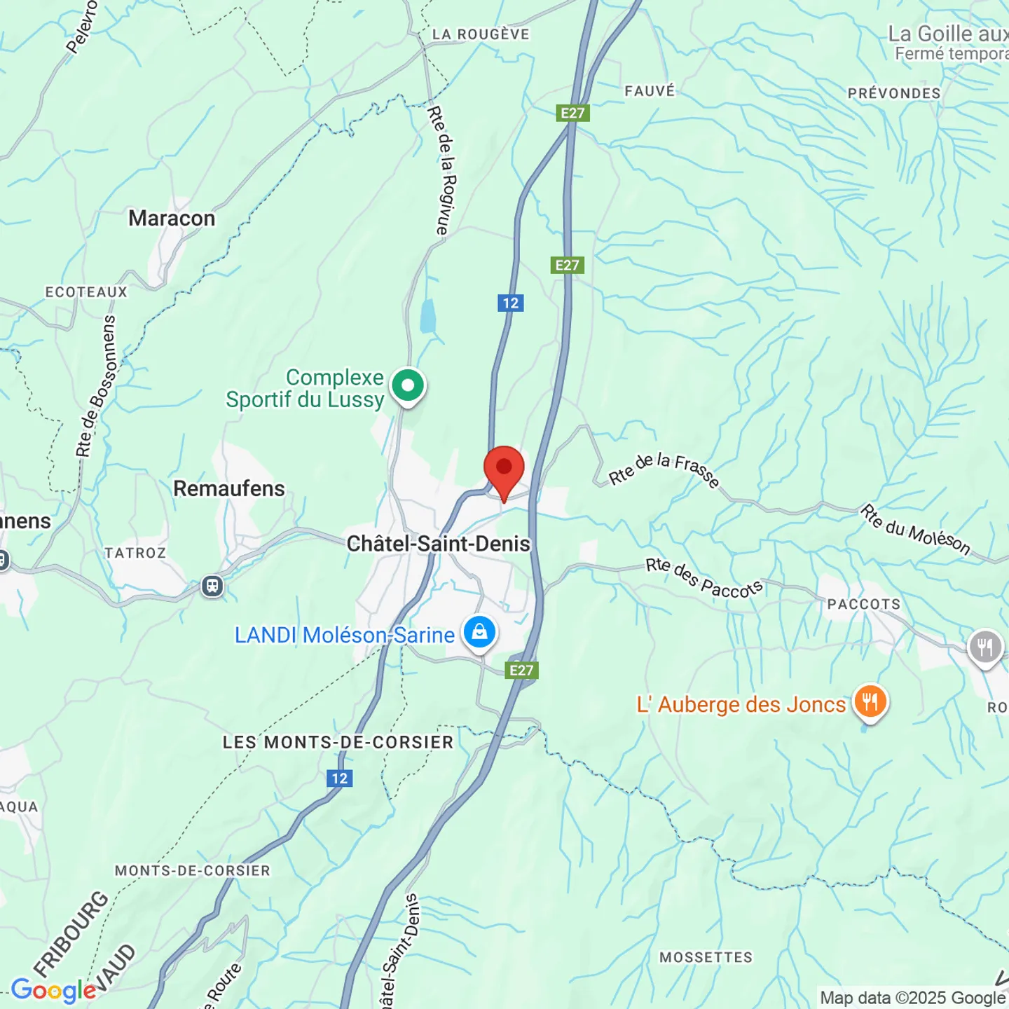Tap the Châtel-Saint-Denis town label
[439, 544]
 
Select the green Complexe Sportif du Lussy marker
[408, 386]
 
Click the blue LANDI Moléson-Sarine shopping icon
[479, 633]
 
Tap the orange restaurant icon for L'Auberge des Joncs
[870, 701]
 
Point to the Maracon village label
[172, 219]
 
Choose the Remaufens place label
[229, 488]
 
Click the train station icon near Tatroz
[212, 586]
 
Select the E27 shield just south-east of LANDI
[521, 671]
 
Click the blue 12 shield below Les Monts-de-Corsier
[340, 778]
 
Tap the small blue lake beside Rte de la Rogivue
[427, 316]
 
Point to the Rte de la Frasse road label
[664, 469]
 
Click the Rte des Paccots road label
[703, 578]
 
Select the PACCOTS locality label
[864, 604]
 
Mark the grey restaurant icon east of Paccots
[985, 647]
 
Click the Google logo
[53, 990]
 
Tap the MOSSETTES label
[706, 957]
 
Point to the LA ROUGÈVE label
[481, 34]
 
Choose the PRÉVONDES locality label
[894, 93]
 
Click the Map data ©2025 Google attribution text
[912, 998]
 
